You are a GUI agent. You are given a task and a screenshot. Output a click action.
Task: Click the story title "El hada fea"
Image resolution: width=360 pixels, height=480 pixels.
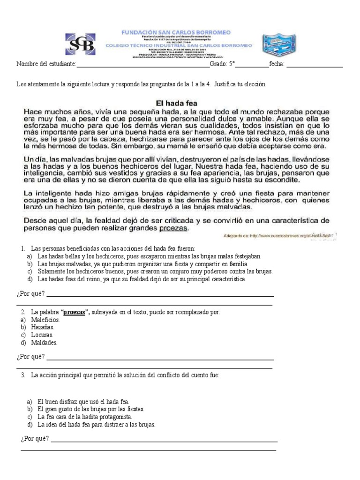click(x=176, y=102)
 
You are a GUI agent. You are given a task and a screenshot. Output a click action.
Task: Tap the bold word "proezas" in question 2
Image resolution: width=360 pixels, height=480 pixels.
click(x=75, y=312)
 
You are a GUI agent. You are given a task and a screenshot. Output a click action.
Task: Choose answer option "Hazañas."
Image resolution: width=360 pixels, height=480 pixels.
click(x=45, y=327)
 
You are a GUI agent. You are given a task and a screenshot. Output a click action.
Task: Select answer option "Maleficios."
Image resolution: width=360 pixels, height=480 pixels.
click(x=48, y=319)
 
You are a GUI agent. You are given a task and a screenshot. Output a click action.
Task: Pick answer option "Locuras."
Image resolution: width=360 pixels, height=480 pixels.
click(x=45, y=335)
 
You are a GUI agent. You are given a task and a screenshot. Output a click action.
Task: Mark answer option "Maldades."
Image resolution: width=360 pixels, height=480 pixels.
click(x=47, y=343)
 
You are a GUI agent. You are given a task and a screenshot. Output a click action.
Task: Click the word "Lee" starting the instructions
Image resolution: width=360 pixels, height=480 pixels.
click(x=22, y=84)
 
